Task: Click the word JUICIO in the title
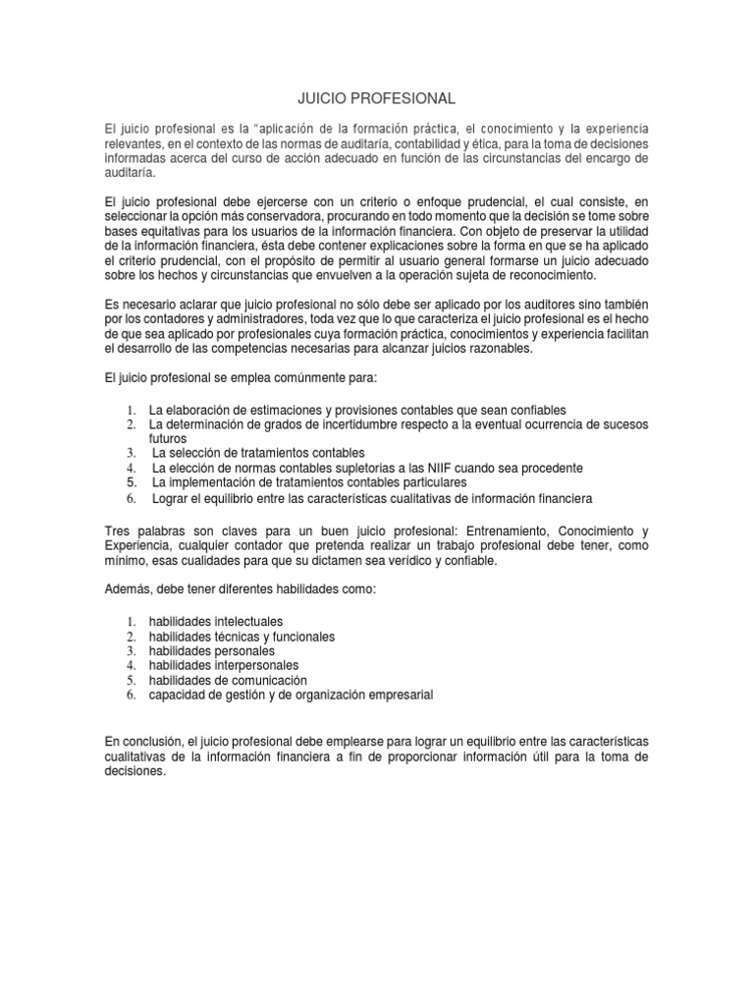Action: tap(321, 99)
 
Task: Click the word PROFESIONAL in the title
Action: tap(401, 99)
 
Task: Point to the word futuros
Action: tap(167, 438)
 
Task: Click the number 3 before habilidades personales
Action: tap(130, 650)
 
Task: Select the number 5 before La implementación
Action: tap(130, 482)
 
